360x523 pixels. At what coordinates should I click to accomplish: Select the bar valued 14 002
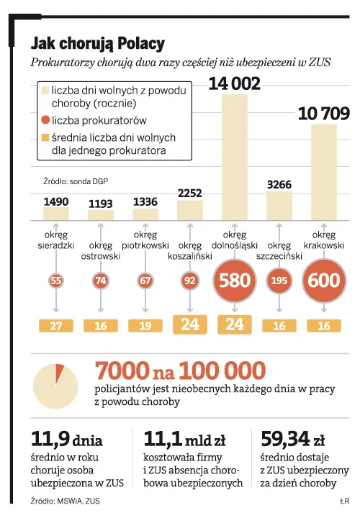click(235, 157)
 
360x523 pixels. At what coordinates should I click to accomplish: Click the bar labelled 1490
click(56, 214)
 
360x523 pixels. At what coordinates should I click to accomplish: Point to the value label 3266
click(279, 184)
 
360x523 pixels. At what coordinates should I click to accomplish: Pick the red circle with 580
click(235, 281)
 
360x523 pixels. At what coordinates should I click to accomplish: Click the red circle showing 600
click(323, 281)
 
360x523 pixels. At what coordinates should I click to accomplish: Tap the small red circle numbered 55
click(56, 281)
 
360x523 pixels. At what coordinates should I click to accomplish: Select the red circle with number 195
click(279, 281)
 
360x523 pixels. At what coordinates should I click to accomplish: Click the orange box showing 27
click(56, 326)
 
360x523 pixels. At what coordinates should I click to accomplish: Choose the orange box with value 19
click(145, 326)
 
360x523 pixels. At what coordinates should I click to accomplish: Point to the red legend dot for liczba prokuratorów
click(45, 120)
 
